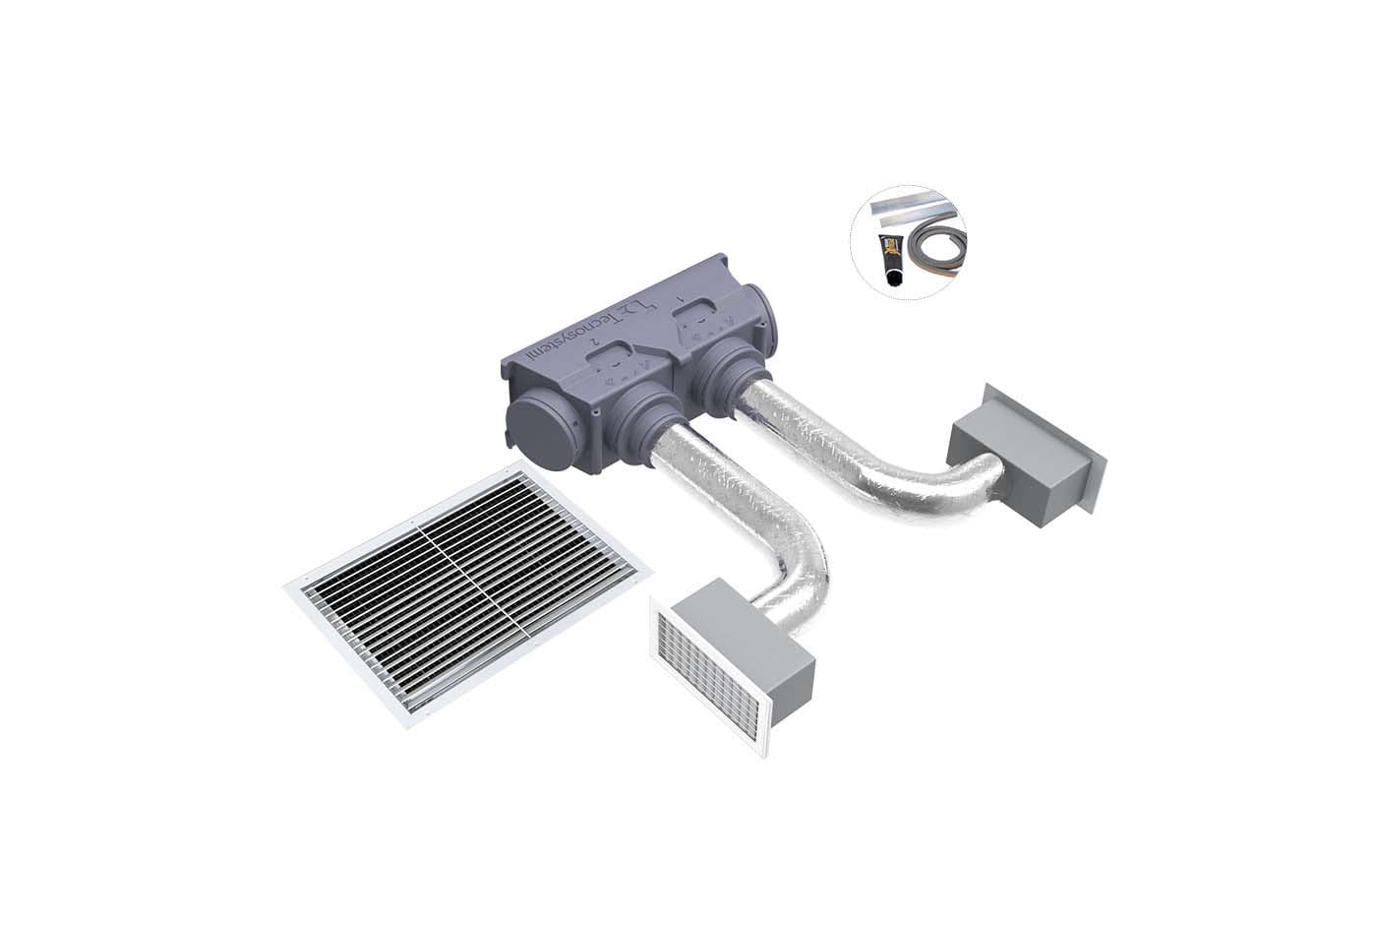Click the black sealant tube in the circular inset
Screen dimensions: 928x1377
[x=891, y=259]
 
